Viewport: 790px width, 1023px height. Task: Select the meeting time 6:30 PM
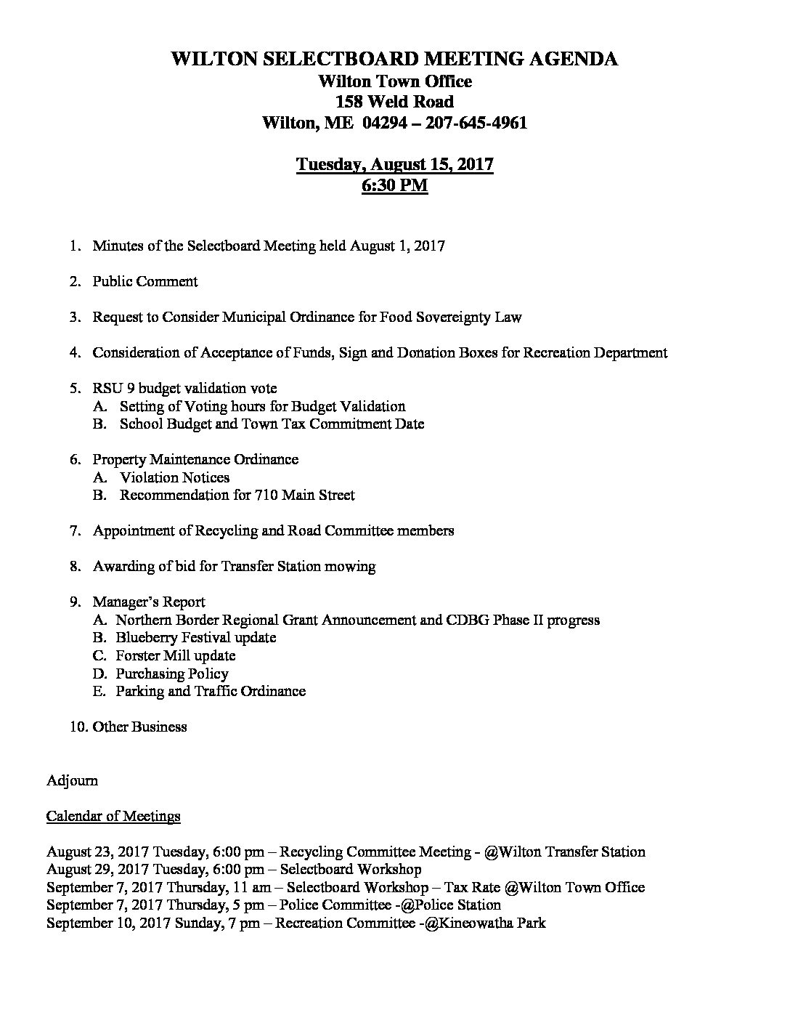click(394, 185)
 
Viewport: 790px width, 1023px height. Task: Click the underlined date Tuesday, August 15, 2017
click(394, 164)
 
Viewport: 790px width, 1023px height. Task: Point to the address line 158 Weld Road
click(394, 102)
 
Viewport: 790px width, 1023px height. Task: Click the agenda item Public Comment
click(145, 281)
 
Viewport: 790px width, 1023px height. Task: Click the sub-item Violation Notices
click(174, 477)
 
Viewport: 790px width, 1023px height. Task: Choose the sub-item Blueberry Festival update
click(195, 637)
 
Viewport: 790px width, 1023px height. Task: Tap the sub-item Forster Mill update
click(175, 655)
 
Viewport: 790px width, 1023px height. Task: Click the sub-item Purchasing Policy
click(171, 674)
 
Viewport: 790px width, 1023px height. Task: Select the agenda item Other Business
click(139, 727)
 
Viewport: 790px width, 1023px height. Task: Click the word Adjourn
click(72, 780)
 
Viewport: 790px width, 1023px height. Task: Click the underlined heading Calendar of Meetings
click(113, 816)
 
